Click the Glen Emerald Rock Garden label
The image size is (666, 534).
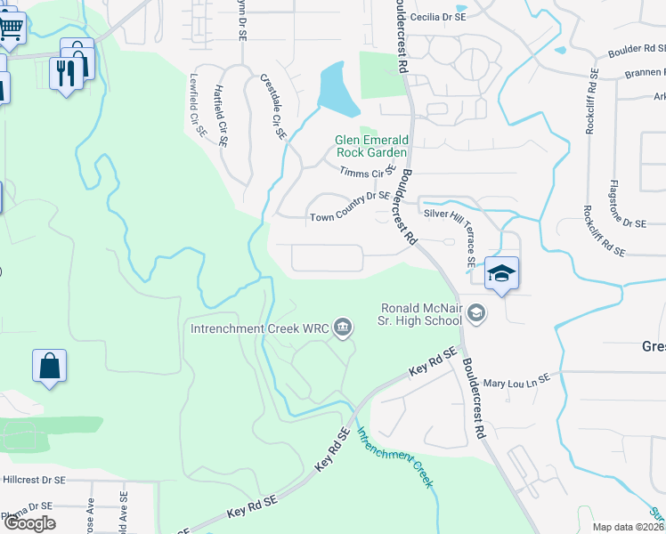372,145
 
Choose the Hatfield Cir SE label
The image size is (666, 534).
222,114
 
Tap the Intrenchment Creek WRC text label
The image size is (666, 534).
259,328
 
